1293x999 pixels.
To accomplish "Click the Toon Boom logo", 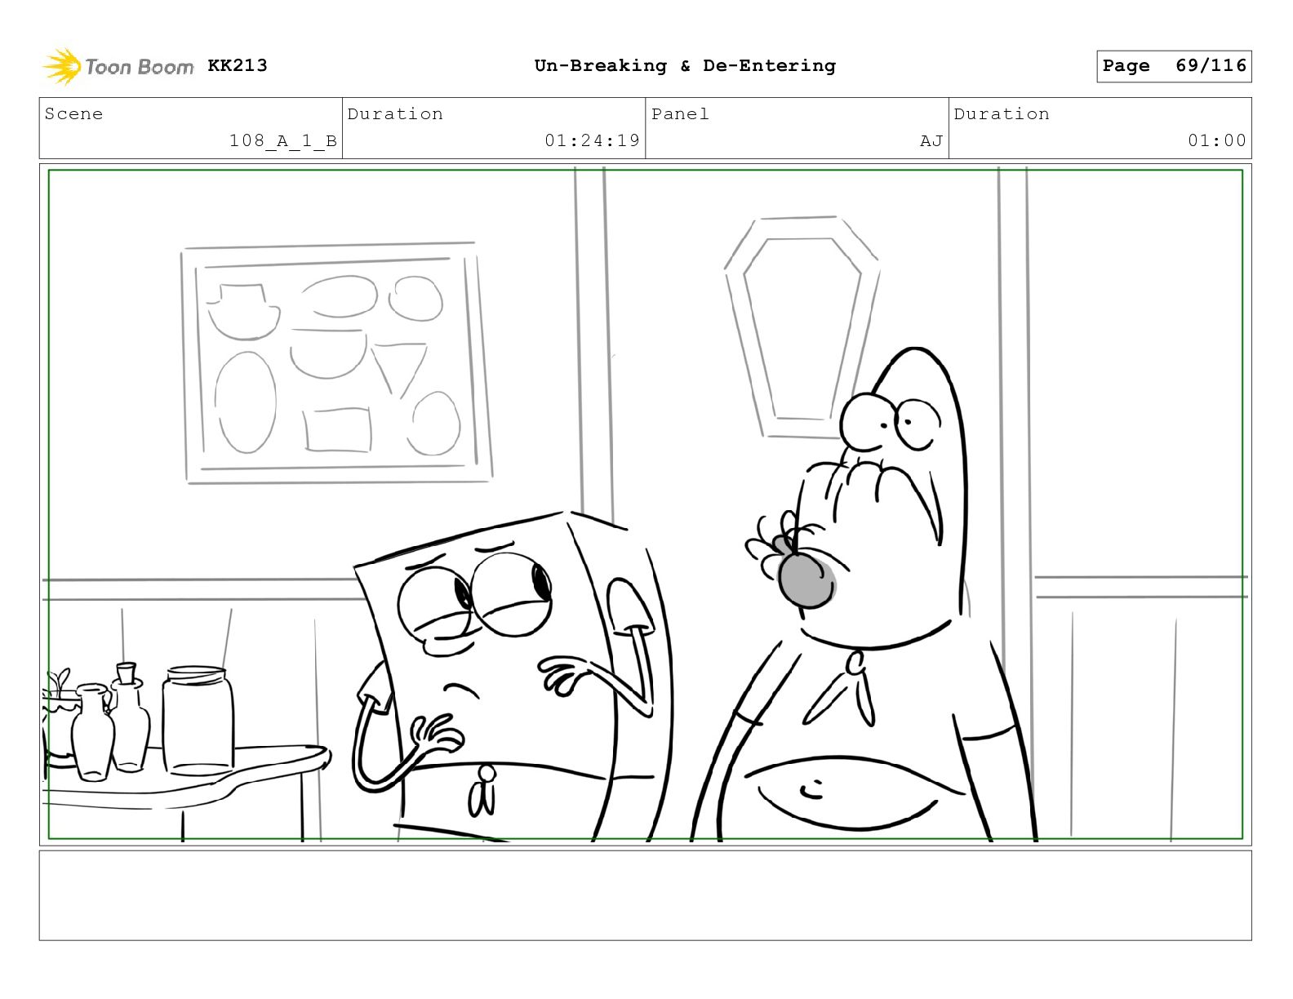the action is pyautogui.click(x=118, y=66).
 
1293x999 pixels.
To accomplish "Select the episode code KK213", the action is pyautogui.click(x=238, y=65).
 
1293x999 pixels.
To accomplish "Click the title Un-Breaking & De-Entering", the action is pyautogui.click(x=685, y=65).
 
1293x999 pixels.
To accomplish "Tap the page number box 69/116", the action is pyautogui.click(x=1174, y=66).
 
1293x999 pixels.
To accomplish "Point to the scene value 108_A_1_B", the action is pyautogui.click(x=283, y=141).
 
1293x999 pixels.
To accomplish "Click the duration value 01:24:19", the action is pyautogui.click(x=592, y=140).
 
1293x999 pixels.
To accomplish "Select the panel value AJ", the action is pyautogui.click(x=931, y=141).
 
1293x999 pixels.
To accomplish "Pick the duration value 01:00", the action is pyautogui.click(x=1217, y=140).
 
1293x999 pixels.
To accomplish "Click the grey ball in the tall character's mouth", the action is pyautogui.click(x=806, y=581).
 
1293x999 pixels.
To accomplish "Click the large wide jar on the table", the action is pyautogui.click(x=198, y=721).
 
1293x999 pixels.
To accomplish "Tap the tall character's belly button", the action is pyautogui.click(x=811, y=789).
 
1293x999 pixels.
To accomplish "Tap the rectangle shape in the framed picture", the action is pyautogui.click(x=337, y=429).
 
